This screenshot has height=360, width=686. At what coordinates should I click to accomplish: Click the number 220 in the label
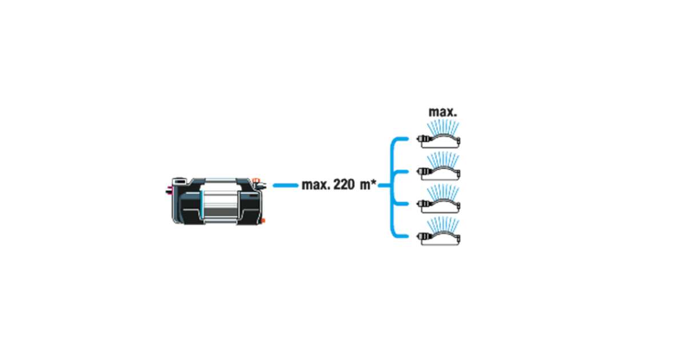pos(342,186)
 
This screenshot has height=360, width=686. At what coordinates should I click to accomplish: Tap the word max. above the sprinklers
pos(442,112)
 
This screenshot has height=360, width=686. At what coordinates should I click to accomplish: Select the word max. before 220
pos(315,186)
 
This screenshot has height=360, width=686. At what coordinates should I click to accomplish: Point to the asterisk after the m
pos(374,183)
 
